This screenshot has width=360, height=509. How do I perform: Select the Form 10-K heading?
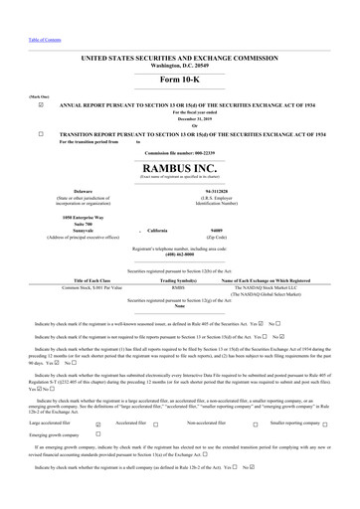click(x=180, y=79)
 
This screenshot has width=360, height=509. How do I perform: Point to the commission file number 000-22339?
click(x=180, y=153)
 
